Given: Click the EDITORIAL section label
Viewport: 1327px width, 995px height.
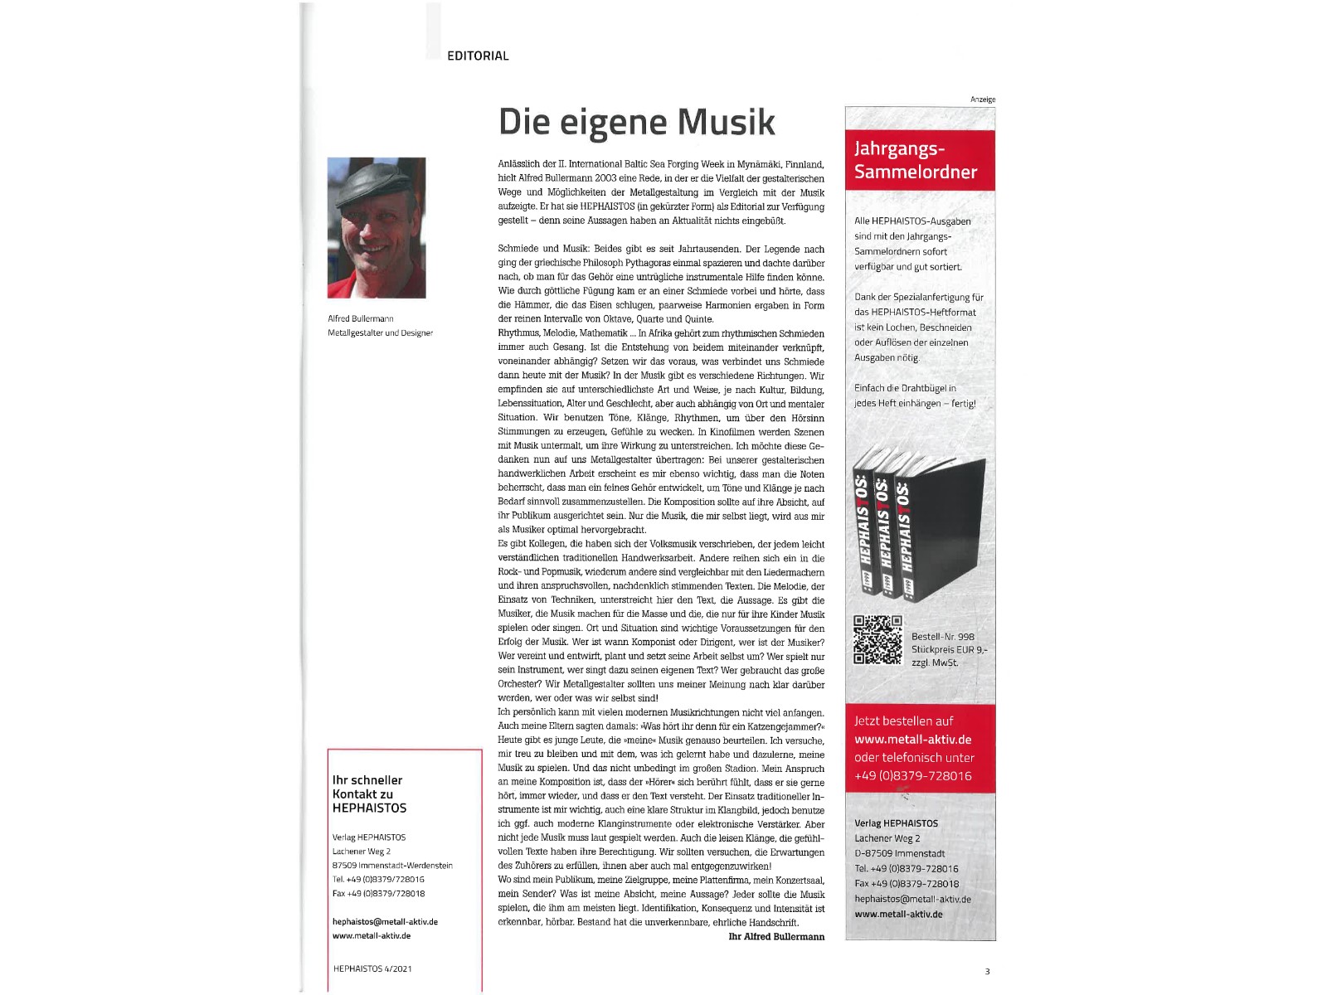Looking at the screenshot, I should (478, 56).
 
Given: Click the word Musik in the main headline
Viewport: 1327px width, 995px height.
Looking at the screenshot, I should (727, 122).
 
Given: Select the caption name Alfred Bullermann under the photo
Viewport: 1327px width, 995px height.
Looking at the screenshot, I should (361, 318).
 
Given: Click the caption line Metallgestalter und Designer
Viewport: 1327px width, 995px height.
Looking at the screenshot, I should (380, 332).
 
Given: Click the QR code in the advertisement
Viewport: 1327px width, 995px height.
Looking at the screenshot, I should (877, 639).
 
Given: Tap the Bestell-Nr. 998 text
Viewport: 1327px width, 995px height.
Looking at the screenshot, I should (943, 637).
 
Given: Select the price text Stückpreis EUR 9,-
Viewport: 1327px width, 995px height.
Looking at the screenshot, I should (950, 650).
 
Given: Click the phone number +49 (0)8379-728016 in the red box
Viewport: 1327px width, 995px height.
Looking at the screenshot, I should (912, 776).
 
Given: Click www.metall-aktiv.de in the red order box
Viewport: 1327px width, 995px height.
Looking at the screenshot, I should (912, 740).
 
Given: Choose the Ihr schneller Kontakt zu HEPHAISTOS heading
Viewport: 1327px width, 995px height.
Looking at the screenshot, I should (369, 794).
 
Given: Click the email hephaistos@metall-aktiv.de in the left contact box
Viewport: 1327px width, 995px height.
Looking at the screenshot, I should (385, 921).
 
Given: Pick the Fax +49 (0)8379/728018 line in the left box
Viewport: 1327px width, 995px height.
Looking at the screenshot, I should (378, 893).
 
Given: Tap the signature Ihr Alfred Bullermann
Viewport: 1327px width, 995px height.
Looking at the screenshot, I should (776, 936).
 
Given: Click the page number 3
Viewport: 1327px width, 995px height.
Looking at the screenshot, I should (987, 971).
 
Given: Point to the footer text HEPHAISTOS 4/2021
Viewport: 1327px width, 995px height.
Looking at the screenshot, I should (372, 968).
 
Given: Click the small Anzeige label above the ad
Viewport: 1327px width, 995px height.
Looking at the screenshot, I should (983, 99).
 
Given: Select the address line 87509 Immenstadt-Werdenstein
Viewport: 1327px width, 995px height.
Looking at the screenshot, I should (392, 866).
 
